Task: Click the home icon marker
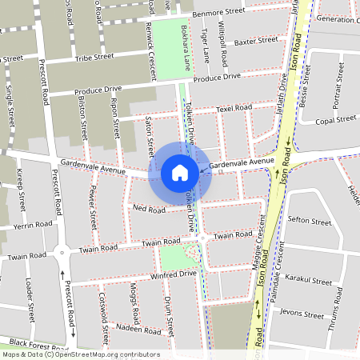[x=180, y=172]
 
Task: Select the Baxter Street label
[x=255, y=39]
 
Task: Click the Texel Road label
[x=234, y=108]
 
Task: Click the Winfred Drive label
[x=174, y=274]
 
